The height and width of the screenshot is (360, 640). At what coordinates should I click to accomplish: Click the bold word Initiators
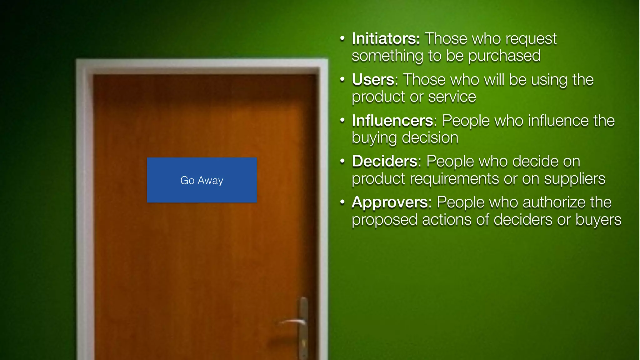(386, 39)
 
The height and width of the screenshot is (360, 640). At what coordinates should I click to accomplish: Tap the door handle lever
(292, 322)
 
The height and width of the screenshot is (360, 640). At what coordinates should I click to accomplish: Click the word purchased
(504, 56)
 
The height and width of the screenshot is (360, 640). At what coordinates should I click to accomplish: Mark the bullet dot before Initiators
(342, 38)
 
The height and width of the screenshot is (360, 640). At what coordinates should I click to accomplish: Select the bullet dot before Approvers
(342, 202)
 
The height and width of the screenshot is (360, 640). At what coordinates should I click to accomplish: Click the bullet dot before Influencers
(342, 120)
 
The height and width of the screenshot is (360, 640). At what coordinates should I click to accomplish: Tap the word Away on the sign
(210, 181)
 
